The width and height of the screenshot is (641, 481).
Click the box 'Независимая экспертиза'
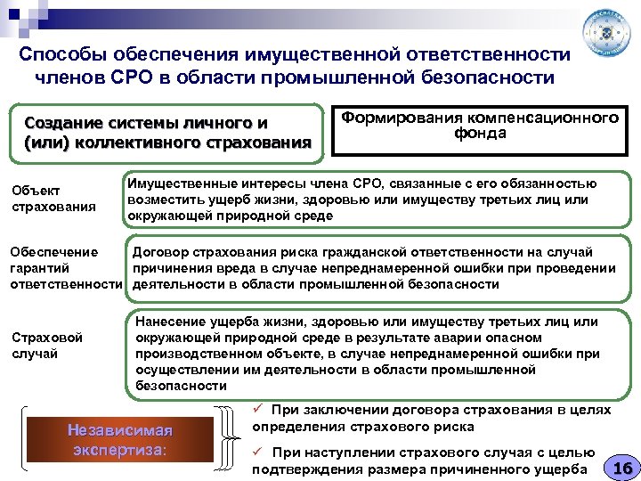(118, 439)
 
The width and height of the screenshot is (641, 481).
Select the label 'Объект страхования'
(42, 200)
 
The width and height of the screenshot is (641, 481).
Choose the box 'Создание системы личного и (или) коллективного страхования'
(168, 131)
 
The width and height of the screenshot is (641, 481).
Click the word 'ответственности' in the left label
(65, 284)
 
